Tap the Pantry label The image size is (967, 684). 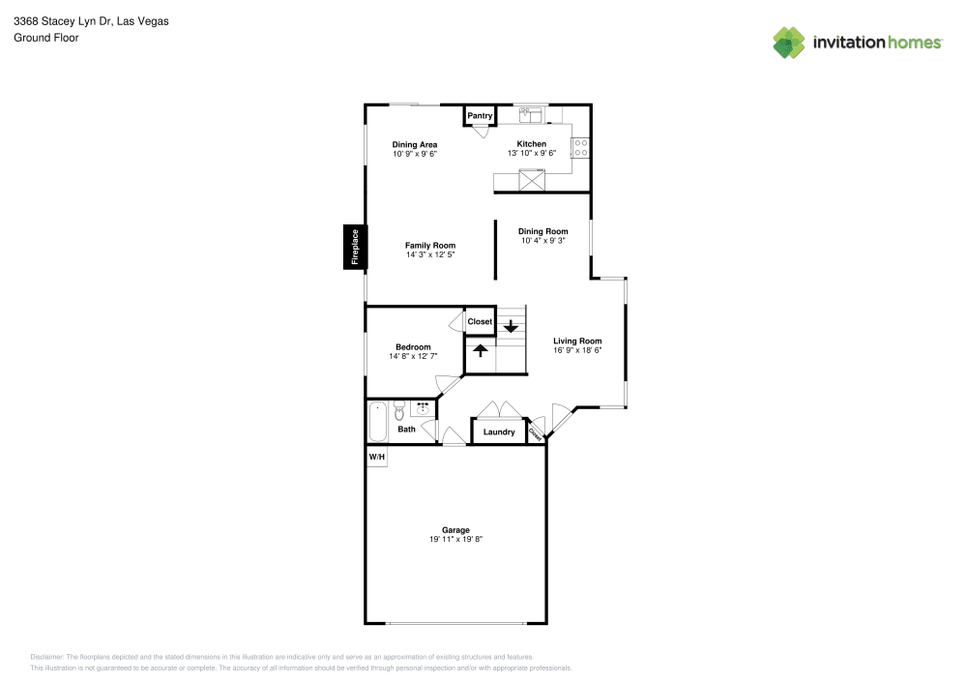(x=480, y=116)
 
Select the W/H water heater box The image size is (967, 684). (x=376, y=457)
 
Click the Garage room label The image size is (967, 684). (x=455, y=530)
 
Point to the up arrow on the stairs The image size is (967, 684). (x=480, y=351)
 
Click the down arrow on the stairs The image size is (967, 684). (x=511, y=327)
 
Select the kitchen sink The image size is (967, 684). (x=531, y=115)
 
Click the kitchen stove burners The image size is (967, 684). (x=581, y=147)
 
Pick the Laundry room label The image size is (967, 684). (x=499, y=432)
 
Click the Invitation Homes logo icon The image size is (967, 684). (x=789, y=42)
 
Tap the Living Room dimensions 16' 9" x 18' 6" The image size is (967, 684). (x=577, y=350)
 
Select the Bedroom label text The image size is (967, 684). (x=413, y=347)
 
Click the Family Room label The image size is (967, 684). (x=429, y=246)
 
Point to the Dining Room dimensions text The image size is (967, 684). (x=542, y=241)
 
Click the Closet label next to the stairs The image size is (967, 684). (x=480, y=322)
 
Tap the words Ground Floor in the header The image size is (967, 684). (x=46, y=38)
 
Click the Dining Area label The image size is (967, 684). (x=414, y=145)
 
